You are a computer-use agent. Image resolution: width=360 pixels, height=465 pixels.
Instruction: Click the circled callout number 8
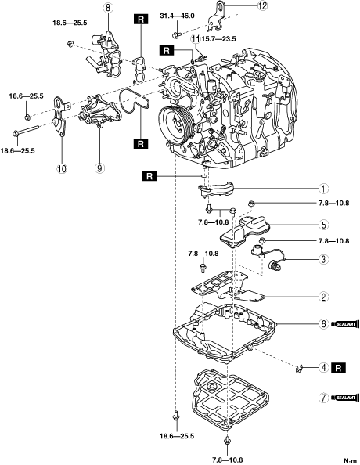108,7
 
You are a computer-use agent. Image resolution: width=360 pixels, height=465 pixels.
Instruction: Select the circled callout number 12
262,5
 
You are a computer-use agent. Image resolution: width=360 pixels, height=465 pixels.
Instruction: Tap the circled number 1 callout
323,189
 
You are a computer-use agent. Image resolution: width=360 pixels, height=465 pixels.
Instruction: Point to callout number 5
323,225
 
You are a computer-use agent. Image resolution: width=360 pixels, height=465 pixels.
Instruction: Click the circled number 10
62,168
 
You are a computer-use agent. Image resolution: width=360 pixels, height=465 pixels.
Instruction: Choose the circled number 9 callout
99,168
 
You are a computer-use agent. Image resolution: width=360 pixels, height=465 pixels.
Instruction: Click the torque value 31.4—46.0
178,16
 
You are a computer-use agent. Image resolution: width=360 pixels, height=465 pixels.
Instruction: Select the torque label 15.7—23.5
218,39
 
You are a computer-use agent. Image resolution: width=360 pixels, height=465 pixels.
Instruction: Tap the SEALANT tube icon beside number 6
345,324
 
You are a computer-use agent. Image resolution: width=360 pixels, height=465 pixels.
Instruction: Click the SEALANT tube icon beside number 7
345,398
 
